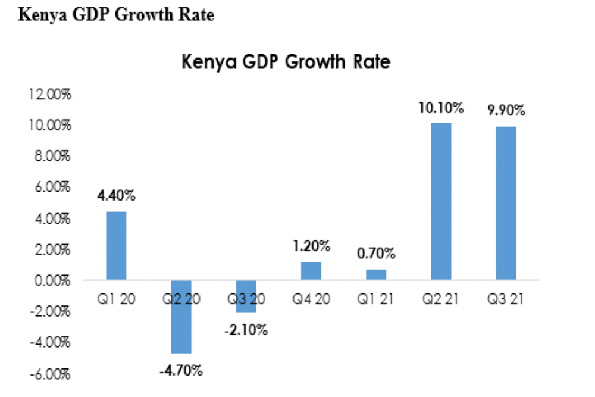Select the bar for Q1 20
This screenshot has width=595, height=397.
pos(116,245)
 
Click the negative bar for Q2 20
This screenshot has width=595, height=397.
pos(181,316)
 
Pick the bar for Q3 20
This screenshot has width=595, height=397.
pos(246,296)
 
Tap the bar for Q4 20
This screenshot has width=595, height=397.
pos(311,270)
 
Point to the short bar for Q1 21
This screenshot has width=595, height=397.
pos(376,274)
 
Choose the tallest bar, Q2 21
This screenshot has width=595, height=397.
pos(441,201)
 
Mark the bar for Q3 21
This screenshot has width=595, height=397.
pos(506,203)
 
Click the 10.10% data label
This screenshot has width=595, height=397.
pos(441,108)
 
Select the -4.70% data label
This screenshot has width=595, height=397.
pos(181,370)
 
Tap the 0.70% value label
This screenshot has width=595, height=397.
pos(376,254)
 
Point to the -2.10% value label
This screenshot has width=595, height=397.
pos(246,329)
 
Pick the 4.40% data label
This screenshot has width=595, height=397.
pos(116,196)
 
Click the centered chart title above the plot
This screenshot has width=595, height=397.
pos(286,62)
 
